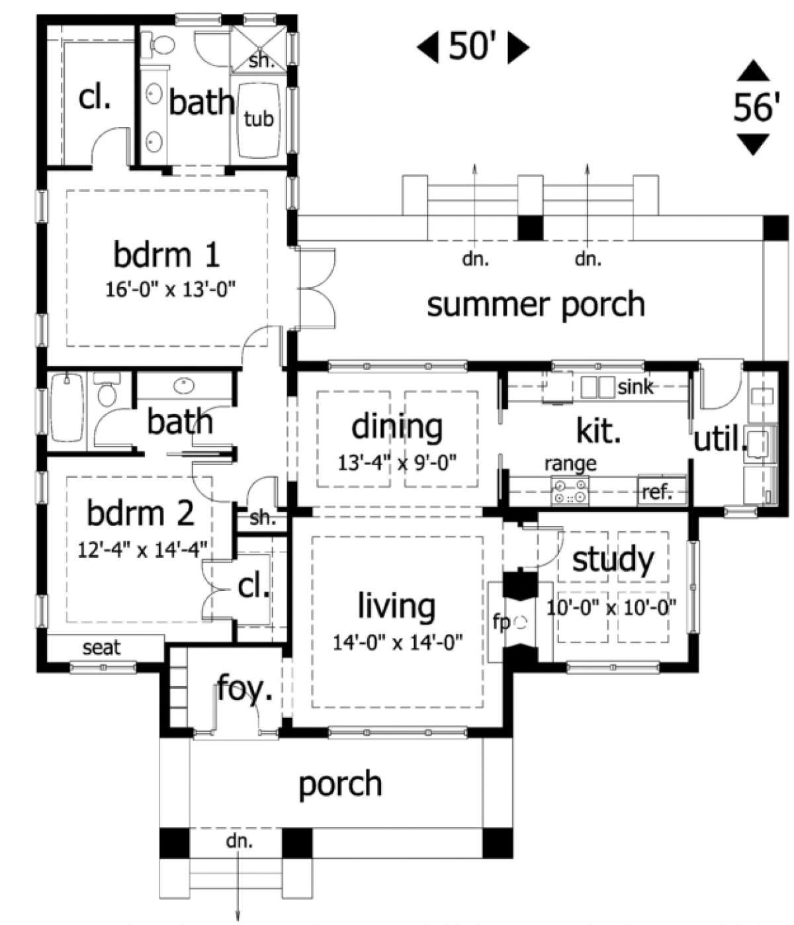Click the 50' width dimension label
(x=472, y=46)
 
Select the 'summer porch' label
(x=536, y=304)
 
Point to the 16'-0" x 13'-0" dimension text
(x=171, y=290)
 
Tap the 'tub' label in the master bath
(x=259, y=118)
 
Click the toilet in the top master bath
(x=158, y=45)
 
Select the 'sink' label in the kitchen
(x=636, y=386)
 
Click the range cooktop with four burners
(x=570, y=491)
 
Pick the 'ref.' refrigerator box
(x=660, y=490)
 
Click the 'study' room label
(x=613, y=559)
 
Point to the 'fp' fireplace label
(x=502, y=621)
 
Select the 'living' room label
(x=396, y=606)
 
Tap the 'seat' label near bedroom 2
(x=102, y=648)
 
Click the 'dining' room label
(x=397, y=427)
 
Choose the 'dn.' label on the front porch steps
(x=240, y=842)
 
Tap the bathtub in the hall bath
(x=67, y=409)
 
